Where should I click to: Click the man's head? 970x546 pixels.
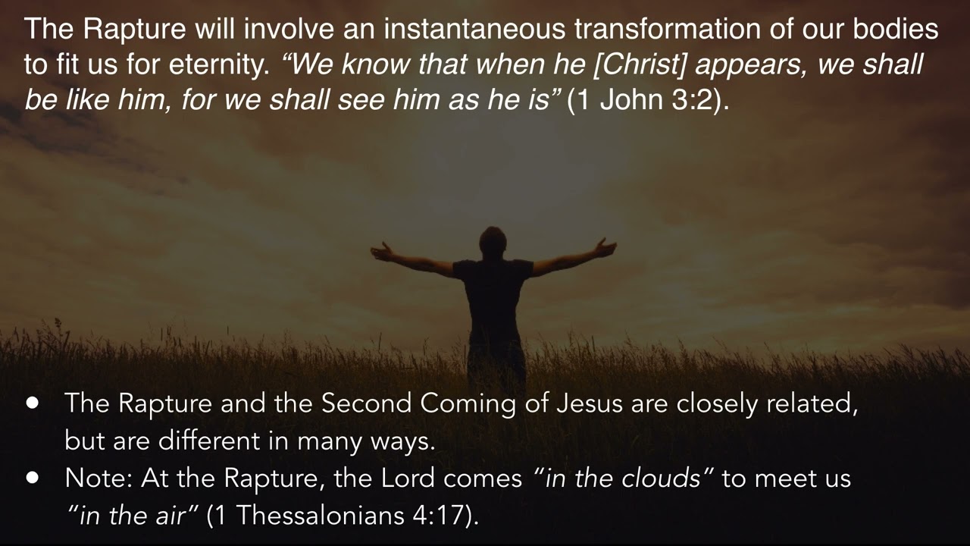pos(493,241)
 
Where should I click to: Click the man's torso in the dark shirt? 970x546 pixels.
pos(493,296)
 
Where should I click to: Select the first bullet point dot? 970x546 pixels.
pos(33,403)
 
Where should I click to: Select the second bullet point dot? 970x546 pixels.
pos(33,478)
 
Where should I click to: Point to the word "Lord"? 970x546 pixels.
pos(409,479)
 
